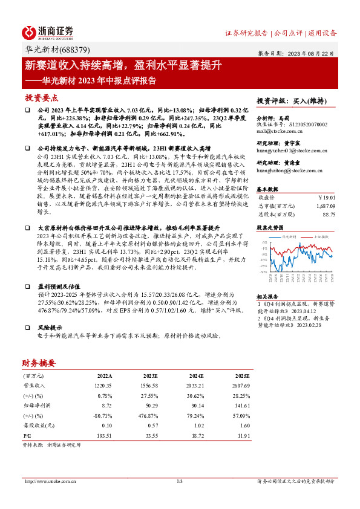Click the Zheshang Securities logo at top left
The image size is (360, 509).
(47, 32)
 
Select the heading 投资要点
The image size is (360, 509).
(41, 97)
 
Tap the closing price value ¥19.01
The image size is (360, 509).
(327, 197)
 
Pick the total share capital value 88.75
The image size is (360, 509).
(329, 214)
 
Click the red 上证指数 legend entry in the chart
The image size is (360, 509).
(321, 238)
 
